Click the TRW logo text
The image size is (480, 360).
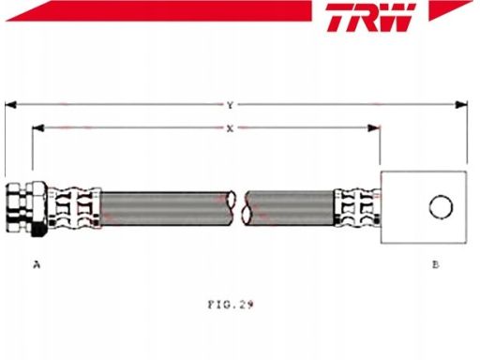371,17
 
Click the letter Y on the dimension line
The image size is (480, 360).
231,105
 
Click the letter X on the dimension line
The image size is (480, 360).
230,128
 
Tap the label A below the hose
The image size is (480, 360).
37,265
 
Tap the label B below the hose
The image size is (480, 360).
436,264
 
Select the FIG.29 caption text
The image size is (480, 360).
231,305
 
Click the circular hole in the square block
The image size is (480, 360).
441,207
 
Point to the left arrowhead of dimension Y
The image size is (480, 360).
10,105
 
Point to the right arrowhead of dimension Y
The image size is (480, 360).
461,105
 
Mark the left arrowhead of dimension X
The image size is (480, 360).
37,127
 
